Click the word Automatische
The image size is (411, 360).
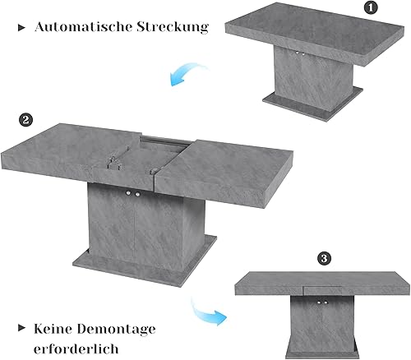(83, 27)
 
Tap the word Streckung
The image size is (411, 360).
(173, 27)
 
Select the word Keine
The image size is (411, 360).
(53, 329)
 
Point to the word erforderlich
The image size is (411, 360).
(76, 349)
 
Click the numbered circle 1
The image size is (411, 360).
(371, 8)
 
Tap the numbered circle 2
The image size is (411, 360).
(25, 120)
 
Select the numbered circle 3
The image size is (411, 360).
(324, 258)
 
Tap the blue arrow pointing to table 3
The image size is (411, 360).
(206, 313)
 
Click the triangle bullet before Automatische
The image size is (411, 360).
(21, 28)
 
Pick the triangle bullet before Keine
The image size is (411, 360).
(21, 328)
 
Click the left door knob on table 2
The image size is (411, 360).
(128, 194)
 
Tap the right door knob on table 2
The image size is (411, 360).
(137, 194)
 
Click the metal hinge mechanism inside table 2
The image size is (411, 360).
(114, 163)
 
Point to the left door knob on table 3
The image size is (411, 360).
(319, 302)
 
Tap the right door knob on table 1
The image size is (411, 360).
(303, 54)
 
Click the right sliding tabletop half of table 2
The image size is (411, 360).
(224, 173)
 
